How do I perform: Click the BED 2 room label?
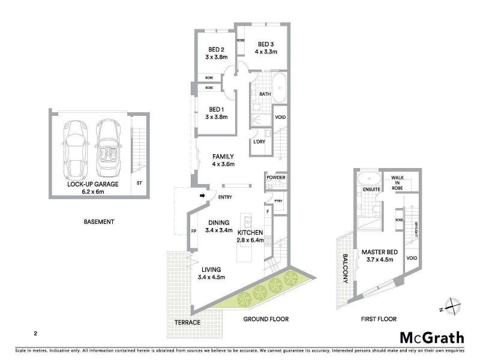pos(216,49)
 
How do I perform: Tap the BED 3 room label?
pos(266,44)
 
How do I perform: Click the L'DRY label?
pos(259,142)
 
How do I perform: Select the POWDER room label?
pos(276,178)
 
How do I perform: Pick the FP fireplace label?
pos(193,231)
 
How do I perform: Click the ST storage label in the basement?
pos(139,183)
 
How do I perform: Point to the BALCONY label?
pos(344,265)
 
